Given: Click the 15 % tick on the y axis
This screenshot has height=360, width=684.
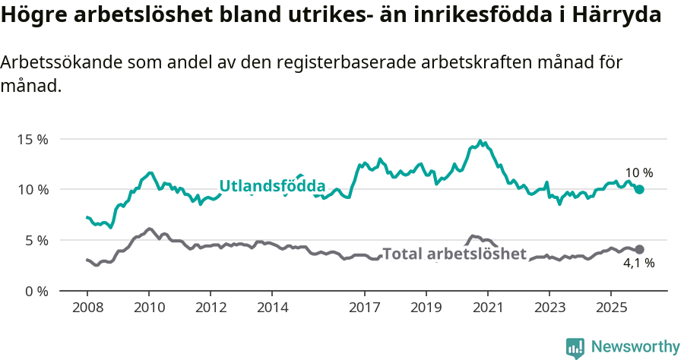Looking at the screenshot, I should (32, 139).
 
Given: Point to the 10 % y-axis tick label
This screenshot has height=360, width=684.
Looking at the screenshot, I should (32, 189).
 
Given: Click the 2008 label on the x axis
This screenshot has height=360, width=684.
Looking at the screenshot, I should (87, 308).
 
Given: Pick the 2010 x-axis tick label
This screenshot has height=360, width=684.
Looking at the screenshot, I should (148, 308).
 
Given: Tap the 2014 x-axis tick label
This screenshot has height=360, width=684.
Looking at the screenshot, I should (272, 308).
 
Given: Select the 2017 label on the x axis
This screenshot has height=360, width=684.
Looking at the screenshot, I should (364, 308).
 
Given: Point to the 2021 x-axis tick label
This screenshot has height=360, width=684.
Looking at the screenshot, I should (487, 308).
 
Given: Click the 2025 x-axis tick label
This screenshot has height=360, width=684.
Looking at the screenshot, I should (610, 308).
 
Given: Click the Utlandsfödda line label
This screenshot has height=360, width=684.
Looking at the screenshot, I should (272, 186).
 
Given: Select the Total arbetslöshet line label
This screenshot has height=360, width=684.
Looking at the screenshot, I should (454, 254).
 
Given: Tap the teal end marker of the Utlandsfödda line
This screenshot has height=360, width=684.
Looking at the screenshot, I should (640, 189).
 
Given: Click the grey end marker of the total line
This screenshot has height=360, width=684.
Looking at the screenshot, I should (640, 249).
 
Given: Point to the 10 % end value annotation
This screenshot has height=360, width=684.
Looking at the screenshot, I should (639, 173).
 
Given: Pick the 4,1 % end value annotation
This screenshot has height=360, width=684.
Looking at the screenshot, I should (639, 264).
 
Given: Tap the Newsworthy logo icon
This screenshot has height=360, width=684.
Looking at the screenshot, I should (575, 347).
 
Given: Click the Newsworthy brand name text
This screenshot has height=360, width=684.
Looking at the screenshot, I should (635, 347).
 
